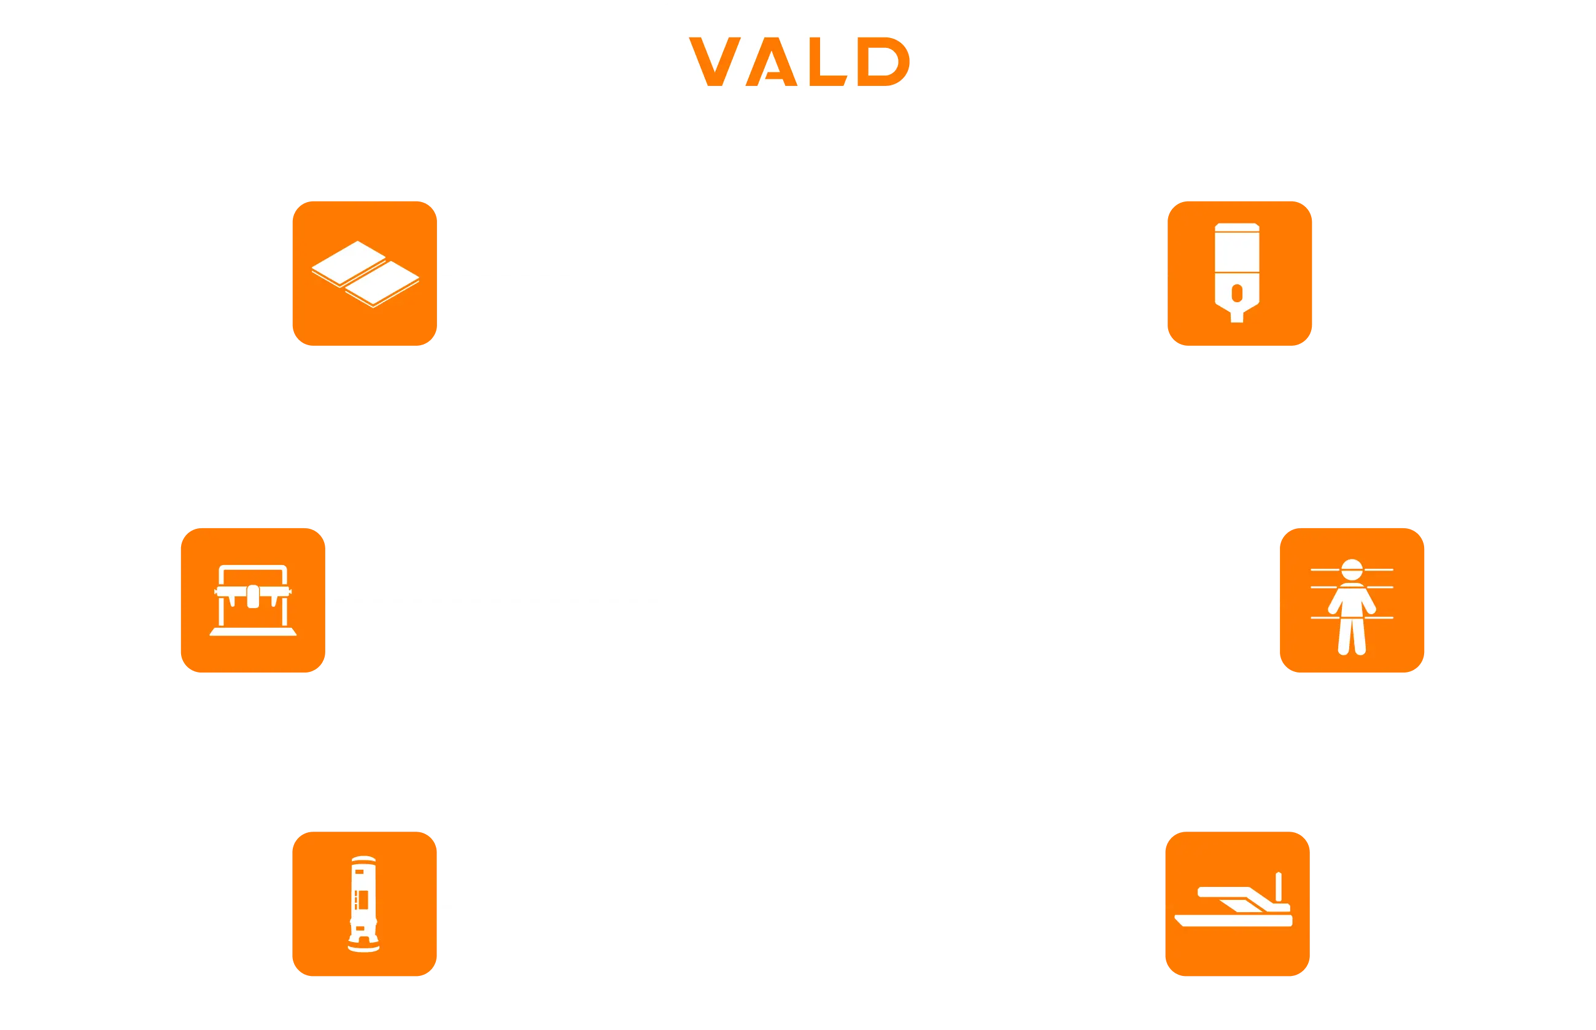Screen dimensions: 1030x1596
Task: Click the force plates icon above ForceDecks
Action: pyautogui.click(x=364, y=273)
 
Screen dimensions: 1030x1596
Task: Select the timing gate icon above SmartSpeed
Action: pyautogui.click(x=1237, y=273)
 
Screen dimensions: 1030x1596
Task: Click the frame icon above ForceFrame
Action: pyautogui.click(x=253, y=600)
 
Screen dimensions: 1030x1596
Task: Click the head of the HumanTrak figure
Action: pyautogui.click(x=1352, y=569)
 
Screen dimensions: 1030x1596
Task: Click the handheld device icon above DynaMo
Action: pyautogui.click(x=363, y=903)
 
